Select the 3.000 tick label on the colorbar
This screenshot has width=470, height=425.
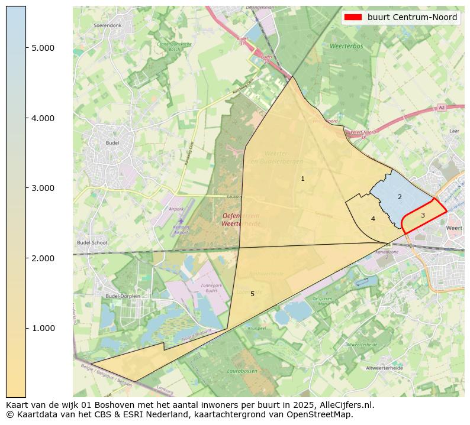click(43, 188)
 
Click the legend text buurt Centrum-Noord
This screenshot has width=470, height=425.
click(412, 18)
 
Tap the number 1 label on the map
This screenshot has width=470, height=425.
click(302, 179)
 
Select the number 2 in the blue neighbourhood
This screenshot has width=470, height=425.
click(400, 197)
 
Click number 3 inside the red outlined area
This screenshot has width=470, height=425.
click(423, 215)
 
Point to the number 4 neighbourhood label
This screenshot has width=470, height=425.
click(373, 219)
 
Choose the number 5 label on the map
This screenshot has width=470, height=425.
click(252, 294)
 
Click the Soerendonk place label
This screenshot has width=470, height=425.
click(108, 26)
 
